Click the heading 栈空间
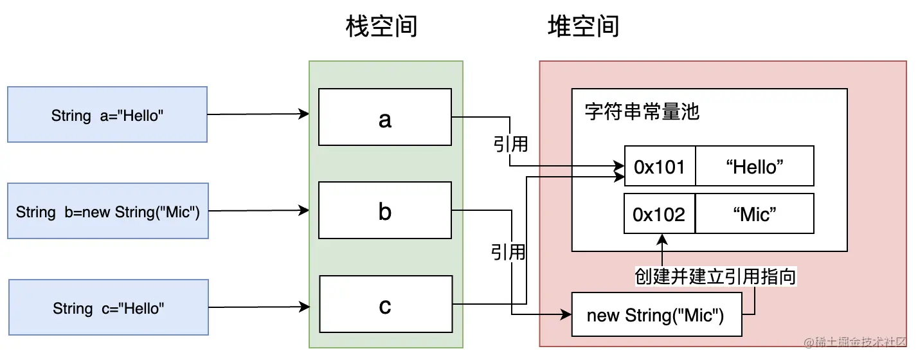[x=381, y=27]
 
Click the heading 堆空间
[x=583, y=27]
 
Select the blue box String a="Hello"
[x=107, y=115]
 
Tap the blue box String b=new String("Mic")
[x=107, y=211]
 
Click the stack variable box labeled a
[x=385, y=117]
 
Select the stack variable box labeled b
[x=385, y=211]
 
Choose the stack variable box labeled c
[x=385, y=305]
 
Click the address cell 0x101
[x=660, y=166]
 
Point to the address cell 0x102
[x=660, y=214]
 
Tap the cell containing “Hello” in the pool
[x=754, y=166]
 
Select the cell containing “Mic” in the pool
[x=754, y=214]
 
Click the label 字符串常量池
[x=642, y=112]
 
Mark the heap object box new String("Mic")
[x=656, y=314]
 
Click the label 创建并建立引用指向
[x=715, y=276]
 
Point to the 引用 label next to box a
[x=510, y=144]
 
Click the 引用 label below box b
[x=509, y=252]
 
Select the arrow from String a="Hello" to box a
[x=257, y=114]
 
